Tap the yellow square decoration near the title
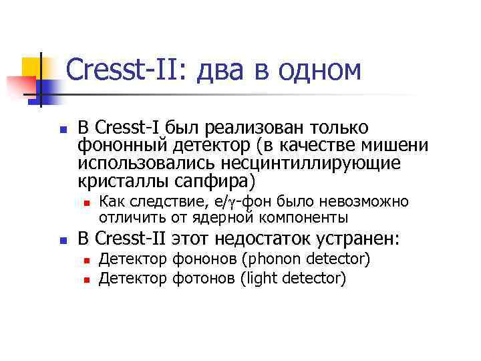tap(31, 67)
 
